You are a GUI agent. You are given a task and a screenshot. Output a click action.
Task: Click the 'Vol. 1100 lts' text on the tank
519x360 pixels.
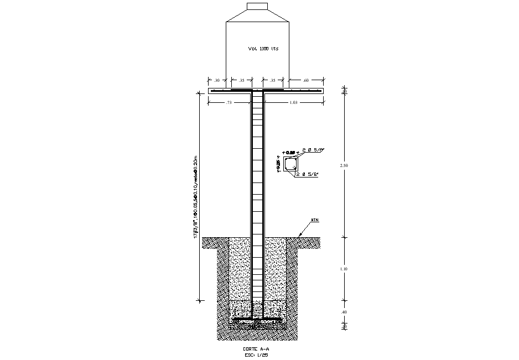263,49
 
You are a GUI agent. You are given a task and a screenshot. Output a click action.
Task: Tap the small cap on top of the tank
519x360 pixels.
257,6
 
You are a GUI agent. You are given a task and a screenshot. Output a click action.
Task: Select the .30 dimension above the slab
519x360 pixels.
217,81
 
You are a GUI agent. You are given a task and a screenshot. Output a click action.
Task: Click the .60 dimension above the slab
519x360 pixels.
306,81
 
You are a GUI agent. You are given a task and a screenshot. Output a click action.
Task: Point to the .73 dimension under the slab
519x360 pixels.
229,103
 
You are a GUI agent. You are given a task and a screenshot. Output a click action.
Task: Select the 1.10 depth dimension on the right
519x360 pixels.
344,269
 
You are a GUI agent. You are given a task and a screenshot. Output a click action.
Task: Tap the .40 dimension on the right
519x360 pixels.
344,312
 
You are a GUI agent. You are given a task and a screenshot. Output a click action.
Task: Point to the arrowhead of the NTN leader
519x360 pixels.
299,236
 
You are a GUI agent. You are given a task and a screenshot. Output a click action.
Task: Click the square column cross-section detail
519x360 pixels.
290,164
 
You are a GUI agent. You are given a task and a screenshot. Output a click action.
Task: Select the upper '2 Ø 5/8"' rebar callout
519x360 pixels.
313,150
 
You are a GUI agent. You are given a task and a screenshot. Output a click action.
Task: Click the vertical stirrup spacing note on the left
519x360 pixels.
195,196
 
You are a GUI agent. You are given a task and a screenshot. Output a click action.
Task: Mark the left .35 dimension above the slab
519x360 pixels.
241,81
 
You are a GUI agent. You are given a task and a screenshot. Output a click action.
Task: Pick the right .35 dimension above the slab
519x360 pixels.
273,81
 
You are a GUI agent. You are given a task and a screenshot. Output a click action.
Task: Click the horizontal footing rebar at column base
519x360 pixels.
257,320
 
